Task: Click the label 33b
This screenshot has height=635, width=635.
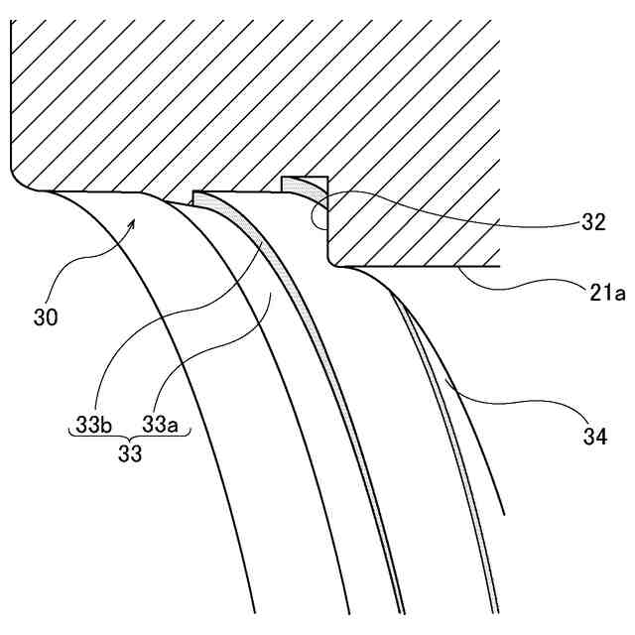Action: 89,426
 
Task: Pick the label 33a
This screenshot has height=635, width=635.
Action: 160,426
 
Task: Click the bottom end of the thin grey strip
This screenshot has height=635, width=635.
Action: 496,607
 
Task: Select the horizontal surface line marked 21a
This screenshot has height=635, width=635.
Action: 417,265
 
